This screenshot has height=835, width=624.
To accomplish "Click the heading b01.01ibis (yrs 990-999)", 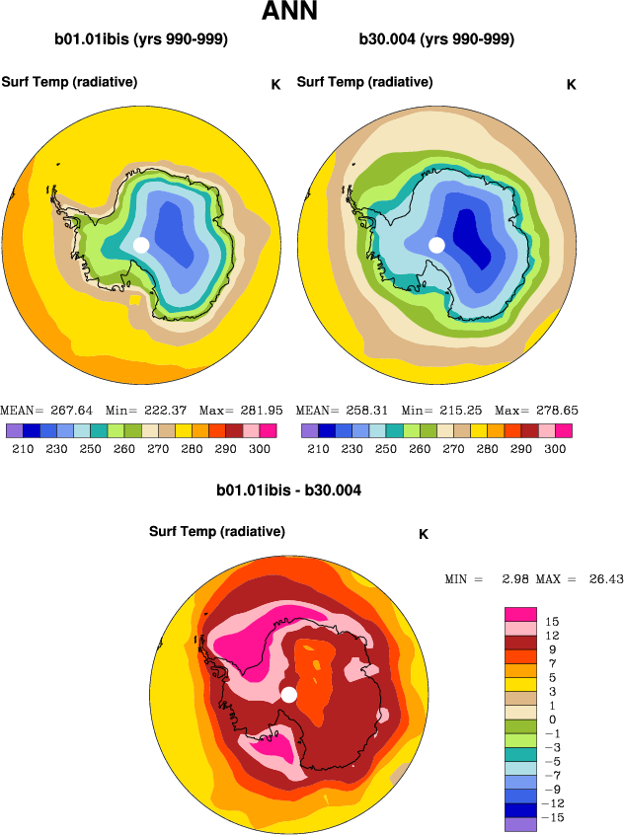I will click(x=141, y=40).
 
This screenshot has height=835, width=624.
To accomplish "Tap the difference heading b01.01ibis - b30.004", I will click(x=289, y=490).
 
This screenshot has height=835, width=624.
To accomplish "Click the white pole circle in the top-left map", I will click(x=140, y=245).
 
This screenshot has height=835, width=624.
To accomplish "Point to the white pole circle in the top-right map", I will click(x=436, y=245).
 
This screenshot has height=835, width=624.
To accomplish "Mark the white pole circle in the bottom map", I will click(x=288, y=695).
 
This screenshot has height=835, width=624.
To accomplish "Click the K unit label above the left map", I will click(x=275, y=85).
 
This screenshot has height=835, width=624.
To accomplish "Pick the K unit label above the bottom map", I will click(x=424, y=535).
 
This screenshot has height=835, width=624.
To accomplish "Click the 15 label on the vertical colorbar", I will click(x=551, y=622).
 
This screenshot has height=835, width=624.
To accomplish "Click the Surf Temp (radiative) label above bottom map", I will click(x=217, y=532).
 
